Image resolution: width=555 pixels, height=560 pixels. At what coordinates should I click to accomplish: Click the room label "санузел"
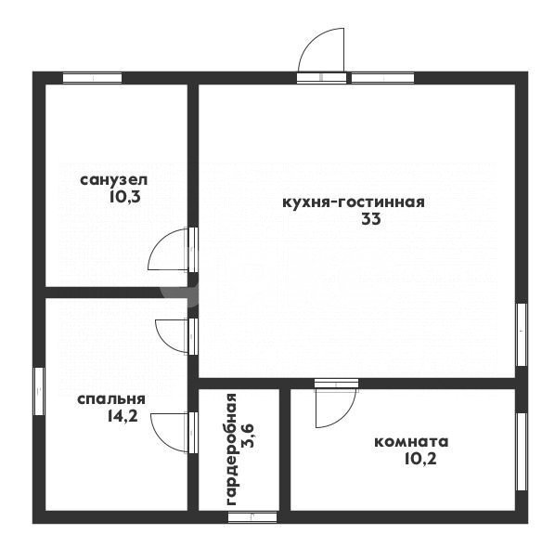[113, 180]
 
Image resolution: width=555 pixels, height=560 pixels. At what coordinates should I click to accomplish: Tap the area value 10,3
[124, 197]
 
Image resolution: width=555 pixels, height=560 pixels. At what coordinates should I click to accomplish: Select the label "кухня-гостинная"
[354, 202]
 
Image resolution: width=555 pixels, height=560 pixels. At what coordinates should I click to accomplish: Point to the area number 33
[371, 219]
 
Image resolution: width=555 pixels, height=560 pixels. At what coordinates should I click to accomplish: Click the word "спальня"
[111, 399]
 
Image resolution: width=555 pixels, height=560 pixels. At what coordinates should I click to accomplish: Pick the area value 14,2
[123, 416]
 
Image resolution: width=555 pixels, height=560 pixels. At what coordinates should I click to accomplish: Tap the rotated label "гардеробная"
[231, 449]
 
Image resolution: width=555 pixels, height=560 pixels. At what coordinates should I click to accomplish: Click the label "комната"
[411, 442]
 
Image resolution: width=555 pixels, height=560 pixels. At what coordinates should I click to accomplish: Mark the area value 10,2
[420, 459]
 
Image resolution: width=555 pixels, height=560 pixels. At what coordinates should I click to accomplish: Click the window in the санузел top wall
[92, 78]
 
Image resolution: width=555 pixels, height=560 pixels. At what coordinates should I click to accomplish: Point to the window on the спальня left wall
[39, 391]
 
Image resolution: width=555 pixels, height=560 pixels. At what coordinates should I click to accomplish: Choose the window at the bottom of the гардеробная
[252, 517]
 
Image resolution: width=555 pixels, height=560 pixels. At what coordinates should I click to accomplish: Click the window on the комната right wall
[522, 451]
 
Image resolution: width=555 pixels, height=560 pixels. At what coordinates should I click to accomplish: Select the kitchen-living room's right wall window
[522, 335]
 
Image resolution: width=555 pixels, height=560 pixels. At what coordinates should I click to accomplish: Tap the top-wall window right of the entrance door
[382, 78]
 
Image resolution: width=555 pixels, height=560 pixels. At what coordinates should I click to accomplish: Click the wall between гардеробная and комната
[285, 450]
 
